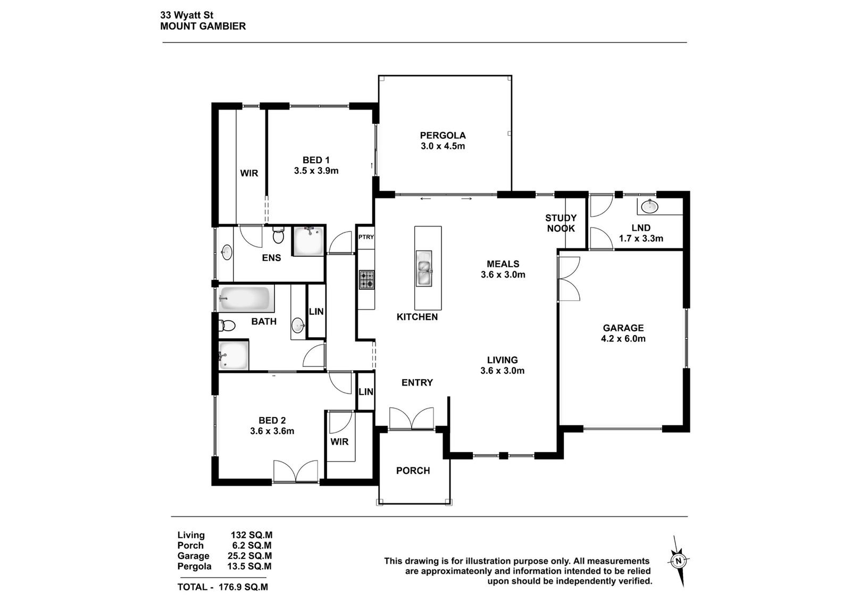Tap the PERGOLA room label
443,135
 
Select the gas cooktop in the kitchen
366,280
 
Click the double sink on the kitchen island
424,268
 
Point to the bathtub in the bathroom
246,298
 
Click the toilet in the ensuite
279,235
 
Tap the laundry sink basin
649,207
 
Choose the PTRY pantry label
366,237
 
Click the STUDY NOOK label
561,223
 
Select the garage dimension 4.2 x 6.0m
623,339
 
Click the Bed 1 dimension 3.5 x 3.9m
316,171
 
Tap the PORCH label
413,471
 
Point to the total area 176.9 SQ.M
244,587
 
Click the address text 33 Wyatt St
187,15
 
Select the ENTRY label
417,382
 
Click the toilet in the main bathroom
227,325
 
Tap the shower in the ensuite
308,241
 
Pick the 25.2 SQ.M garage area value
247,556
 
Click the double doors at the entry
412,419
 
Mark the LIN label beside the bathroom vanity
316,312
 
